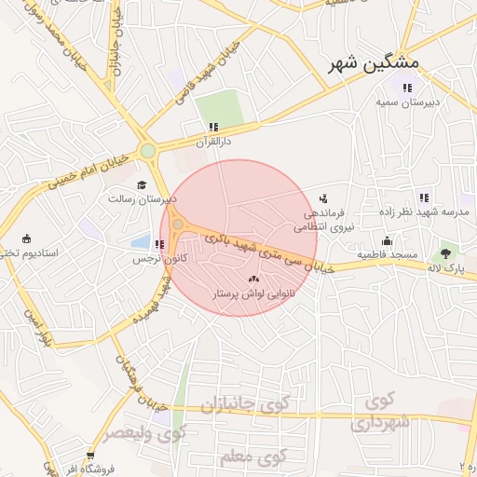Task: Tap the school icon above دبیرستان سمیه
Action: point(406,89)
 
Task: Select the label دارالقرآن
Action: point(211,142)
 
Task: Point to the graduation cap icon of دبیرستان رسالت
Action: point(142,184)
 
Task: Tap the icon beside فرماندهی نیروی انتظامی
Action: point(323,198)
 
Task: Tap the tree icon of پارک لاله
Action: point(446,252)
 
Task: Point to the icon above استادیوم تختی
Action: point(26,238)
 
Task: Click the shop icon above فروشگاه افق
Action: point(90,456)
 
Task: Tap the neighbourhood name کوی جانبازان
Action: point(235,406)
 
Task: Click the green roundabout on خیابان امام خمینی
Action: point(147,151)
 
